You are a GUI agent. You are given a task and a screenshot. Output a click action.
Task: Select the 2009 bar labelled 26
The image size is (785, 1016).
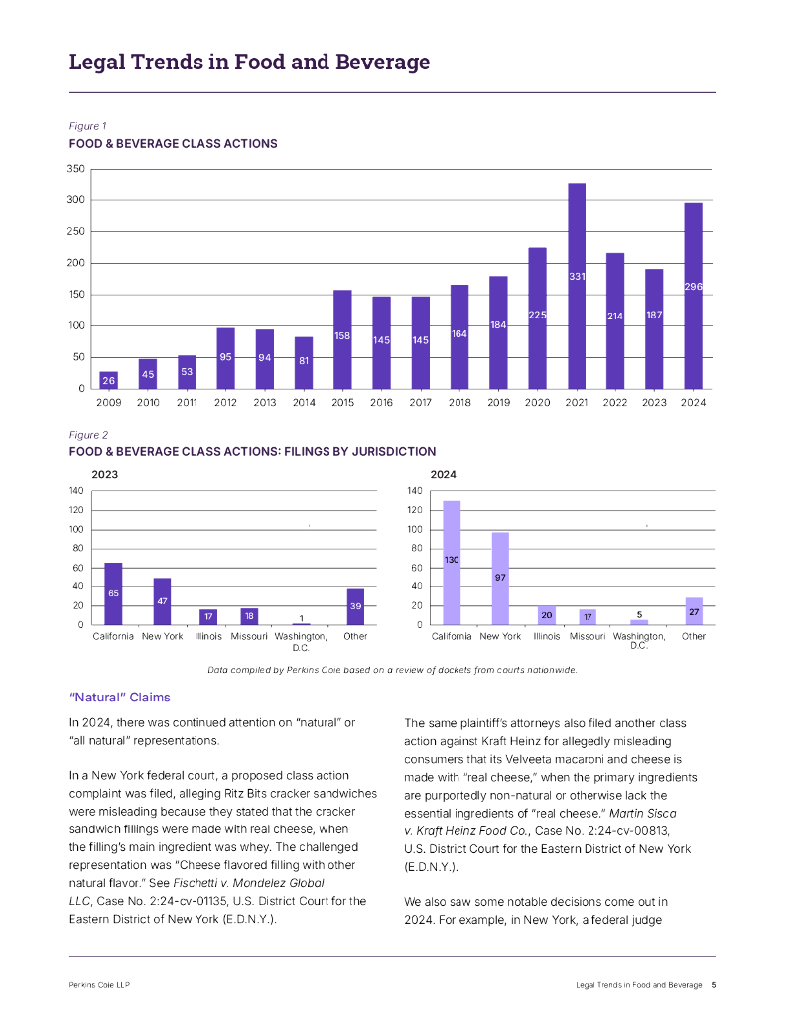(x=108, y=380)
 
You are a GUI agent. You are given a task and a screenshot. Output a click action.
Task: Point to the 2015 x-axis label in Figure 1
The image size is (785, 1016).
(x=342, y=402)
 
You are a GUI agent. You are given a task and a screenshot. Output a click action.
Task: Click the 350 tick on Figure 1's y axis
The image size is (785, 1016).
(x=75, y=170)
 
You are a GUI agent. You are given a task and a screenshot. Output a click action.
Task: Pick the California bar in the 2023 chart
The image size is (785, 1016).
(x=113, y=593)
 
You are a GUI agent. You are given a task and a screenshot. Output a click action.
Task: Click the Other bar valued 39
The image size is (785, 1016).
(x=355, y=606)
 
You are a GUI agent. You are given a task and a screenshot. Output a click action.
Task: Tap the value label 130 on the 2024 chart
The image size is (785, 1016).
(x=452, y=561)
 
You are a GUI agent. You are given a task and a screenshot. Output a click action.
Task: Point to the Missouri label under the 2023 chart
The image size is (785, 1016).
(x=250, y=636)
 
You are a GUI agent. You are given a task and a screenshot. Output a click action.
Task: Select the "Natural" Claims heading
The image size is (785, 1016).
(x=119, y=698)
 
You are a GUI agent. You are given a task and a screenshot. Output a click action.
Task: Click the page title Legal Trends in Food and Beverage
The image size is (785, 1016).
(x=249, y=63)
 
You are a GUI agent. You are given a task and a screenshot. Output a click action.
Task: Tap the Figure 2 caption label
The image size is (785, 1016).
(x=88, y=435)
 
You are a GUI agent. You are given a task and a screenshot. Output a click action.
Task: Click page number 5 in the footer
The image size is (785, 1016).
(x=713, y=984)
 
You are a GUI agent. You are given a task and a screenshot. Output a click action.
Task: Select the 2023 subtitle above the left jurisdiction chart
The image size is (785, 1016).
(x=105, y=475)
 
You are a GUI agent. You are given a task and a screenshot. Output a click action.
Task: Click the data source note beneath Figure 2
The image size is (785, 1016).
(x=392, y=669)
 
